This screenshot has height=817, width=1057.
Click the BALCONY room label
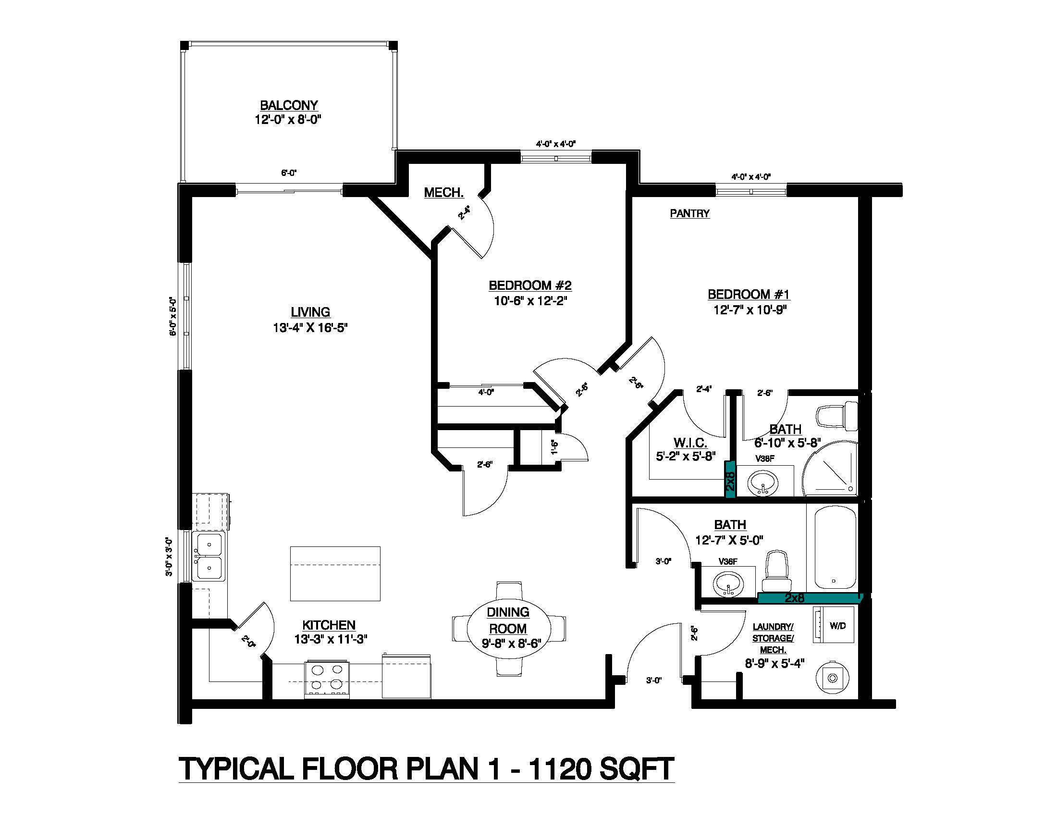[x=289, y=106]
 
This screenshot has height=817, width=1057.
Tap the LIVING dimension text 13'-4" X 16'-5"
[x=310, y=328]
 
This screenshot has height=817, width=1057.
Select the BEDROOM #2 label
[x=530, y=285]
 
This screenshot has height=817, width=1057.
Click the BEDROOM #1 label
[x=749, y=294]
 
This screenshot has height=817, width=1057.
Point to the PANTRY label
[x=689, y=213]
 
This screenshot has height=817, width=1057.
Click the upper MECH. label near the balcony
[x=444, y=193]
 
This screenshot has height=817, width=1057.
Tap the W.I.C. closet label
[x=690, y=442]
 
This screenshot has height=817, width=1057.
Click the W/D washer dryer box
[x=837, y=625]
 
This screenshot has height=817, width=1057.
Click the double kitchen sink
[x=209, y=556]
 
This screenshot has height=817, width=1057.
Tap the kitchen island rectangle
[x=335, y=573]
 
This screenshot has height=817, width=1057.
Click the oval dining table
[x=509, y=628]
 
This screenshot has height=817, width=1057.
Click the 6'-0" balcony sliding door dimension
[x=289, y=173]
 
